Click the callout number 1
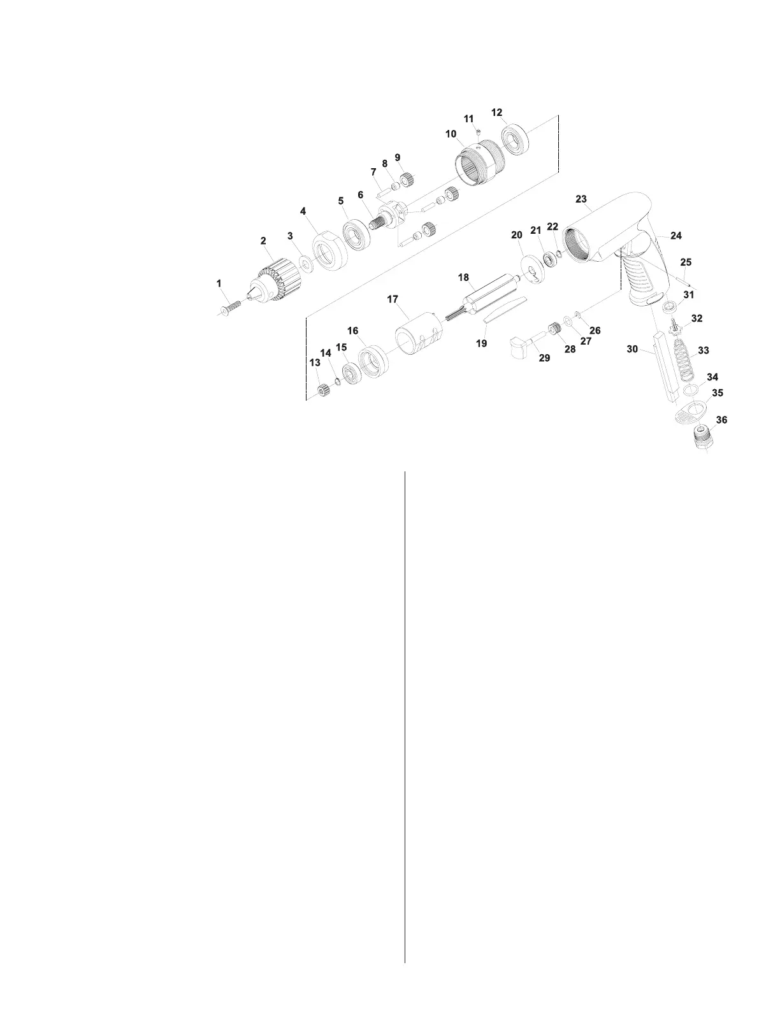tap(219, 283)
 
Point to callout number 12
tap(497, 113)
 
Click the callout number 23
tap(581, 199)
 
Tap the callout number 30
tap(632, 349)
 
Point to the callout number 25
tap(686, 262)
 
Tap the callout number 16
tap(352, 331)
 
